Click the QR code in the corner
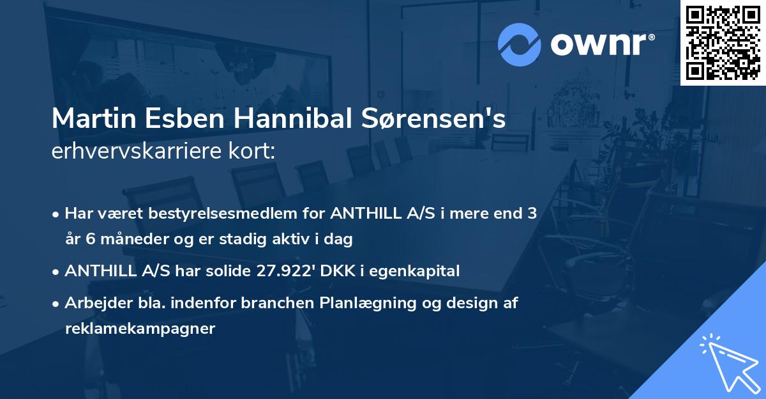pos(723,43)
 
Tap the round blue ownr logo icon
pos(518,44)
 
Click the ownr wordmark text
pos(602,44)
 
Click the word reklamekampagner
pos(140,329)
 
